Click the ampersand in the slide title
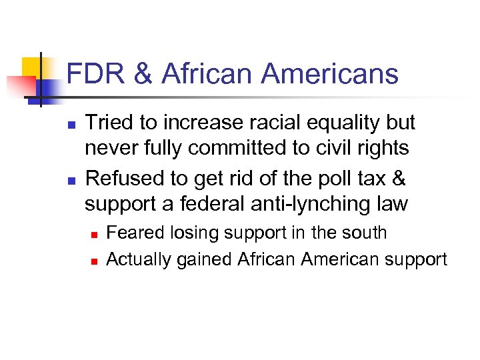[143, 74]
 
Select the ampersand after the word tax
[398, 179]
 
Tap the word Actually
[139, 259]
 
